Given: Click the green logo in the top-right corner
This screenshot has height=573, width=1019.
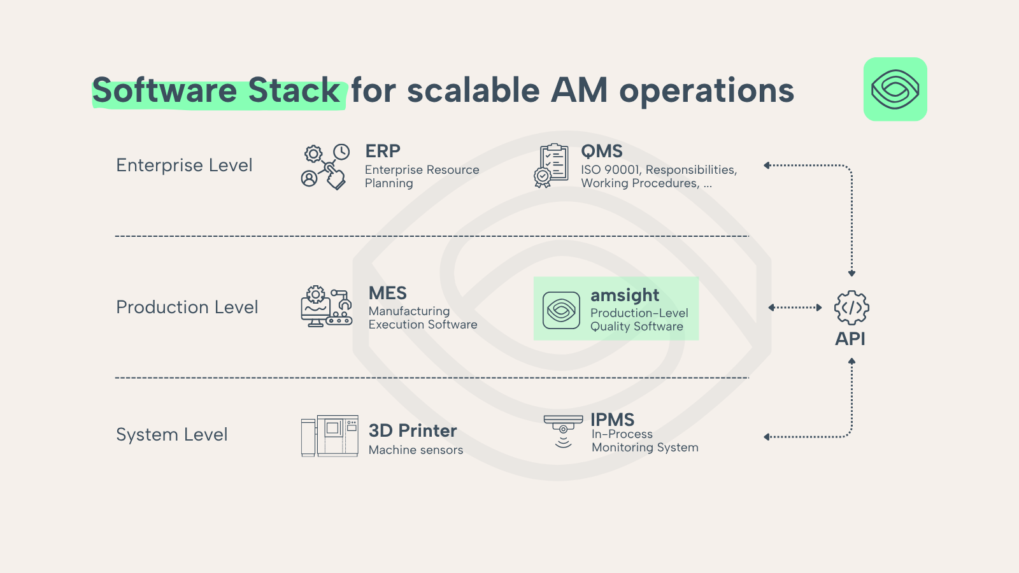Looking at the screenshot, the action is (x=895, y=89).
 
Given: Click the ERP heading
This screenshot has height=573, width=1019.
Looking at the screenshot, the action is (x=383, y=151).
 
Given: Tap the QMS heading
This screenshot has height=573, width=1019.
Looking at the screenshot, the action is (x=601, y=152).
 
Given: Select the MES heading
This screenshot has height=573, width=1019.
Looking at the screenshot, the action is (x=388, y=294).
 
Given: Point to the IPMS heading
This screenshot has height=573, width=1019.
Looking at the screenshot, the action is (x=612, y=420).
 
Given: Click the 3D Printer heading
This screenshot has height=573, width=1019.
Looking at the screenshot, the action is (x=413, y=430).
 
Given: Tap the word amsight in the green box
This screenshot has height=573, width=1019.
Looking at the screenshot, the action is (x=625, y=295).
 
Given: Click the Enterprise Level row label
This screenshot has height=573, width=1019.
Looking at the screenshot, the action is (x=184, y=165).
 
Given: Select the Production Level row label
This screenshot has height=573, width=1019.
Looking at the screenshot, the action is (x=187, y=307).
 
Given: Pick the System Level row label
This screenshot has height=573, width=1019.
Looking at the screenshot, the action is (x=172, y=434).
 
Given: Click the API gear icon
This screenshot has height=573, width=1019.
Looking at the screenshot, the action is (x=852, y=308).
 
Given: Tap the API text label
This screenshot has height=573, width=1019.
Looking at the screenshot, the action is (x=850, y=339).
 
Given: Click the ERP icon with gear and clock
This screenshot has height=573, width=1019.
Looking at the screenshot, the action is (x=325, y=166).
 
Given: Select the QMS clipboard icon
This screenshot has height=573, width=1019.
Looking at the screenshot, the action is (x=552, y=166).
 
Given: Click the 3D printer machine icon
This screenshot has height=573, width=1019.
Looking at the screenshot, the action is (x=330, y=435).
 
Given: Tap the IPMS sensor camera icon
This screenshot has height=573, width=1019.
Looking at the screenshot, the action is (x=563, y=431).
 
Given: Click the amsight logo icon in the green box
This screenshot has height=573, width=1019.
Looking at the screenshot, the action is (x=561, y=310).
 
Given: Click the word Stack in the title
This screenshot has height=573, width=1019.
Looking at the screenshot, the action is (x=294, y=90).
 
